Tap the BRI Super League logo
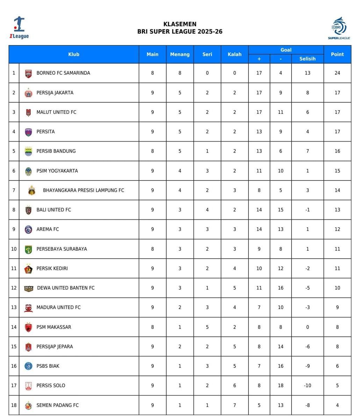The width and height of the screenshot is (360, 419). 339,28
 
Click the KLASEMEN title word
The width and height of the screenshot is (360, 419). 180,24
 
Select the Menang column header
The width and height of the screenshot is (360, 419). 180,54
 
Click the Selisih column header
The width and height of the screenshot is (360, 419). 307,59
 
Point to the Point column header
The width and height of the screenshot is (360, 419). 337,54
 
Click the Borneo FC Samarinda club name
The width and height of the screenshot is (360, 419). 63,73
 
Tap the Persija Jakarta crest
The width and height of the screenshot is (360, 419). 28,93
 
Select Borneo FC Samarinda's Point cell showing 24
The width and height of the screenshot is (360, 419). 337,73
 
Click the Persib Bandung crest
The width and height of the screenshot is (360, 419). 28,152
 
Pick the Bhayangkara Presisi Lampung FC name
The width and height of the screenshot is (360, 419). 84,190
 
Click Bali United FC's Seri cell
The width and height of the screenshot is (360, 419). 207,210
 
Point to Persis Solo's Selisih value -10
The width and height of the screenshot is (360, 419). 307,385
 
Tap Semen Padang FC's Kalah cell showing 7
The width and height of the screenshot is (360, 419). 235,405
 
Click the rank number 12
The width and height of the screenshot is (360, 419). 14,288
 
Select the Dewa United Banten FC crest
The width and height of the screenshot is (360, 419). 28,288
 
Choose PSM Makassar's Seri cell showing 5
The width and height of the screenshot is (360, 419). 207,327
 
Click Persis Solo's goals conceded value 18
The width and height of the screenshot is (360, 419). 280,385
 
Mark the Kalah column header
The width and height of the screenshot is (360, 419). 235,54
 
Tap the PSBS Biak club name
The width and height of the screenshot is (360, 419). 48,366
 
